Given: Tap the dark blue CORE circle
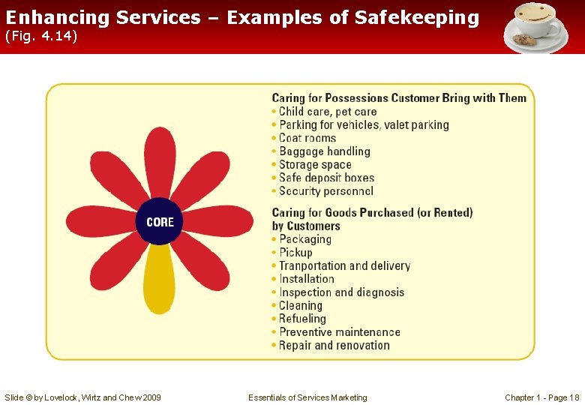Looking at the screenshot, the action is tap(160, 222).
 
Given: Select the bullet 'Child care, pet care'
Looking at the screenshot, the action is tap(328, 112).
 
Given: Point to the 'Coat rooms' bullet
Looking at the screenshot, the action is tap(307, 138).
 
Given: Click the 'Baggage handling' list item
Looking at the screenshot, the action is tap(324, 151).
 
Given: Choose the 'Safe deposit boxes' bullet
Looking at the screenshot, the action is tap(326, 178).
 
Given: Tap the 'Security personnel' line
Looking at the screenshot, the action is tap(325, 191).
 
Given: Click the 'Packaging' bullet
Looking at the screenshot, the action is tap(304, 239).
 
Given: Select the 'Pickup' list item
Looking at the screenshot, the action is tap(295, 253).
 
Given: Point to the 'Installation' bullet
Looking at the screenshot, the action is tap(306, 279).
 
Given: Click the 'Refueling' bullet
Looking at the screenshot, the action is tap(302, 319).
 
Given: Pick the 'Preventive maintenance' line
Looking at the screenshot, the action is tap(339, 332).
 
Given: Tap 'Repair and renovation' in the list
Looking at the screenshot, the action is tap(334, 346).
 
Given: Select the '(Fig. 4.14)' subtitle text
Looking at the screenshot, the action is tap(41, 37).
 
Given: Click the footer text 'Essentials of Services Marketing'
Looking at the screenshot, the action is tap(307, 397).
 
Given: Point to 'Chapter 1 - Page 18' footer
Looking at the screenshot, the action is tap(541, 397).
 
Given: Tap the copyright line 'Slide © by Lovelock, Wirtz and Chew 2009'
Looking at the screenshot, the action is tap(82, 397).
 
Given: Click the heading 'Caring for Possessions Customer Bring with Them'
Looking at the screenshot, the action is tap(399, 98).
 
